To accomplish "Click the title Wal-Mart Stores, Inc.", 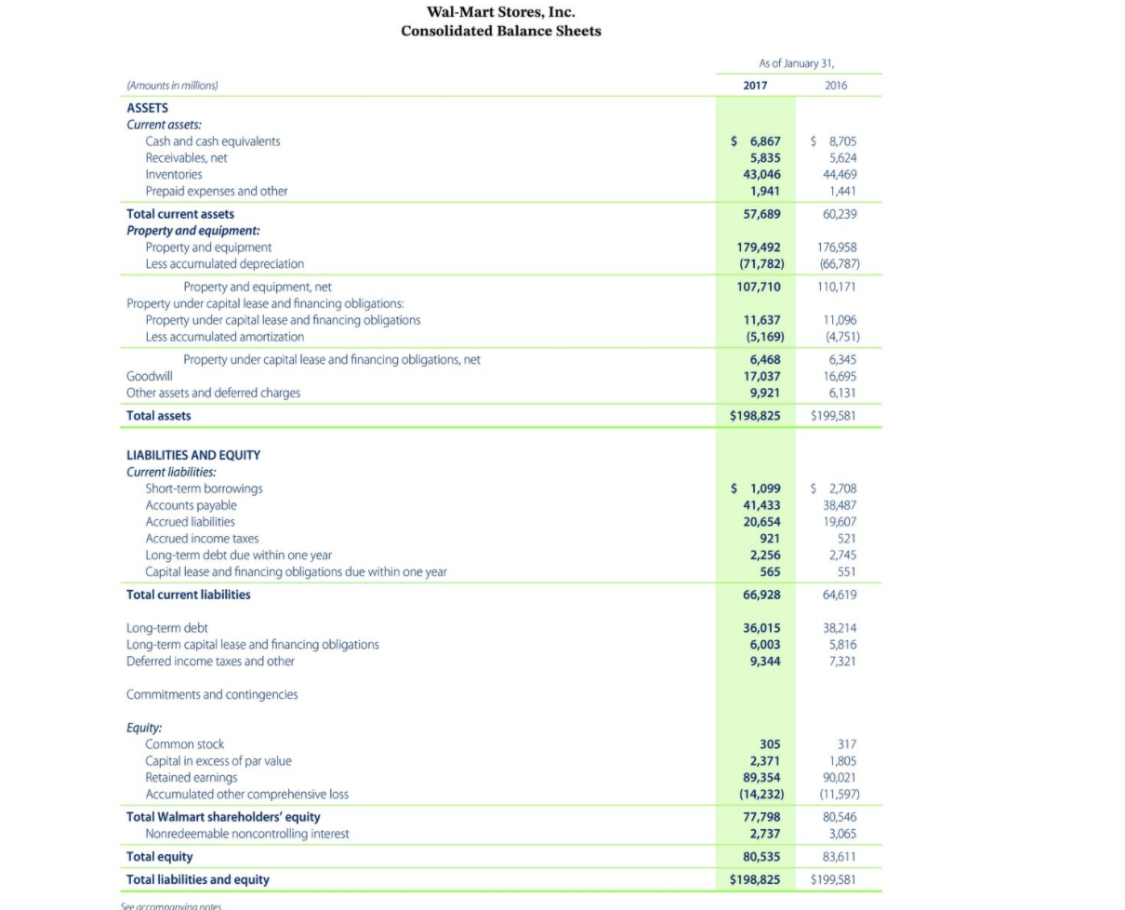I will pos(500,12).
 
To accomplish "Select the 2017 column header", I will pos(755,85).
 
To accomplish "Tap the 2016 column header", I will pos(837,85).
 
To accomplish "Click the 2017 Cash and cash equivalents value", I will pos(756,141).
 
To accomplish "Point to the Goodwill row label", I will pos(147,376).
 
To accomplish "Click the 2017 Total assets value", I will pos(754,416).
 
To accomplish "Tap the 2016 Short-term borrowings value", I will pos(835,488).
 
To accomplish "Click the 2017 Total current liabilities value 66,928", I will pos(761,595).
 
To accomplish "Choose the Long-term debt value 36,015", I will pos(761,628).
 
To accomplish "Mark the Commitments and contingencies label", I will pos(212,694).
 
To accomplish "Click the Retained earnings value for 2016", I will pos(839,778).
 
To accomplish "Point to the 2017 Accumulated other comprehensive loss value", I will pos(756,795).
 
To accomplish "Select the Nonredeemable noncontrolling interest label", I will pos(247,834).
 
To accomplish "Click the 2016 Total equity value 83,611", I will pos(839,856).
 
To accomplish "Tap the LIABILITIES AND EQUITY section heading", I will pos(193,455).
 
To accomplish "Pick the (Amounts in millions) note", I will pos(172,85).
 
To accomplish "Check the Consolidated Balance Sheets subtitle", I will pos(500,31).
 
